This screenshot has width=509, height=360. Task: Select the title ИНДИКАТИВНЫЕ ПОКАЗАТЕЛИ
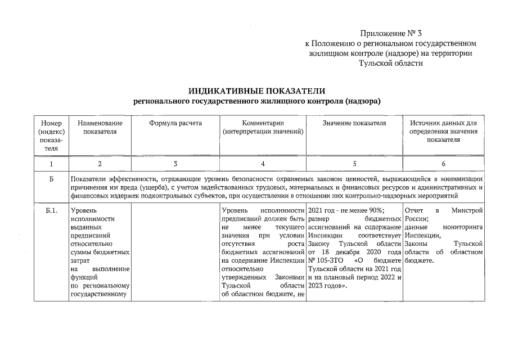256,91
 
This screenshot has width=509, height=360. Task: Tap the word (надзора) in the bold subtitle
361,101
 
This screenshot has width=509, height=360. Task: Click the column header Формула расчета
175,123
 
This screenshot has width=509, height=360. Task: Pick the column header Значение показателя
354,123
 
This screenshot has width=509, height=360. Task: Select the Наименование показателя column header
100,127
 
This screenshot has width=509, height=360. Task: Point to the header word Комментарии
263,123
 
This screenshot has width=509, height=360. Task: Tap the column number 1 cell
51,164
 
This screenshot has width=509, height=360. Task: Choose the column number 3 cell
175,164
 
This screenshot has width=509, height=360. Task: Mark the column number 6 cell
443,164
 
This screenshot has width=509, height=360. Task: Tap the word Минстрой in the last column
467,210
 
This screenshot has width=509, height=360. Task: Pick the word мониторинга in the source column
463,227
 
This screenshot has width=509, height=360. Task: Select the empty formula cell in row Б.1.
175,253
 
